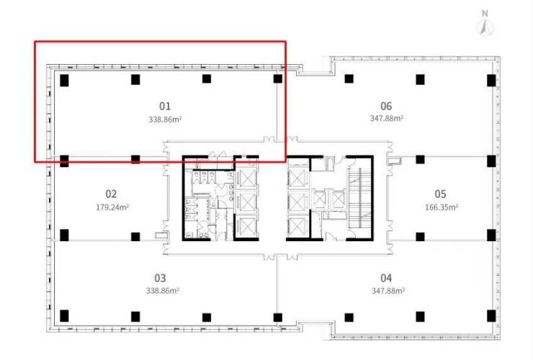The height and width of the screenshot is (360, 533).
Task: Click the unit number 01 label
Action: point(165,106)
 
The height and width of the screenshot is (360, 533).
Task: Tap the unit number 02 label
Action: point(111,194)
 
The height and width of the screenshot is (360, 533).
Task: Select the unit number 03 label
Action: point(160,278)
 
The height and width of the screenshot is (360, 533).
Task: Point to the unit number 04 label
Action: point(386,278)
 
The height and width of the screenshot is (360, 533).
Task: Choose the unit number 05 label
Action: point(440,194)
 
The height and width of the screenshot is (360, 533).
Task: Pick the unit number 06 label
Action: point(386,106)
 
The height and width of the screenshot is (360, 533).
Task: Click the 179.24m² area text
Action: point(112,207)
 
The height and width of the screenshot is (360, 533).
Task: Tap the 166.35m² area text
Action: point(442,207)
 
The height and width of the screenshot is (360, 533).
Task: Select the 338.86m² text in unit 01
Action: point(165,120)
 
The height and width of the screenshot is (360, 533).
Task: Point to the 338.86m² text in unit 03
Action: point(163,291)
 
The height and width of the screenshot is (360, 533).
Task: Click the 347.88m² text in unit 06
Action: point(387,118)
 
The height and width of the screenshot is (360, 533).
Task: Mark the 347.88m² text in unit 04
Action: point(388,291)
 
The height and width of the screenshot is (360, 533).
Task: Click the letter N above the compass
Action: point(485,14)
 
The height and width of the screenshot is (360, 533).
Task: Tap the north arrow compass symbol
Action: point(485,27)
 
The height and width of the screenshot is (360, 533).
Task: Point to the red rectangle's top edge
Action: point(160,42)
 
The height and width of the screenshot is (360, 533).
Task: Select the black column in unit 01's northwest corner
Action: point(64,80)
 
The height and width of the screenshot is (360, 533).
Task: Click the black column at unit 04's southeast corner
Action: point(491,316)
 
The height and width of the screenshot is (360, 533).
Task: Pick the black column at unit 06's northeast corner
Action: point(491,80)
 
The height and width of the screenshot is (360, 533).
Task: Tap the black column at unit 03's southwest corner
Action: point(64,316)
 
